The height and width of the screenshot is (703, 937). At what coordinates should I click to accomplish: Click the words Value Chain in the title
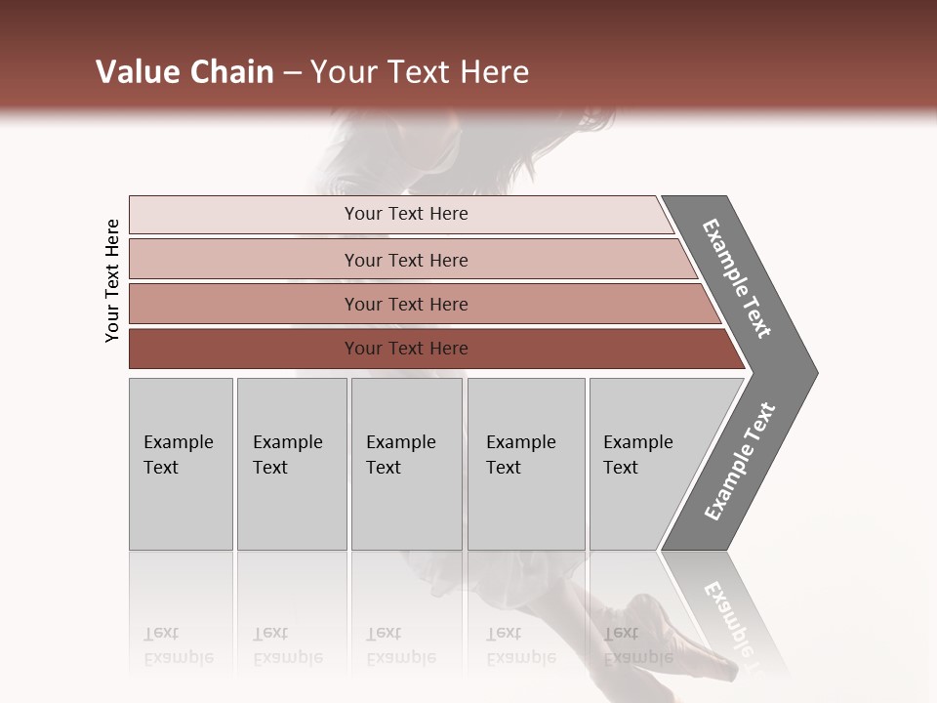click(184, 72)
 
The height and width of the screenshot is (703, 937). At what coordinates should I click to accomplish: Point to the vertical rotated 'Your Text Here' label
click(112, 280)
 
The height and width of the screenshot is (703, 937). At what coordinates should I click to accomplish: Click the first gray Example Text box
click(181, 464)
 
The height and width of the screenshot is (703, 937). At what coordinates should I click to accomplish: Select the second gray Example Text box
click(291, 464)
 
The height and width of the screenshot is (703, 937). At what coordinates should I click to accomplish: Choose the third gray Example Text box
click(406, 464)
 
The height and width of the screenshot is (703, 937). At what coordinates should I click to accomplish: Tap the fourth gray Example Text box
click(525, 464)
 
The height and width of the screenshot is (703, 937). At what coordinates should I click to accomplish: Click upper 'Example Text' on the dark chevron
click(738, 278)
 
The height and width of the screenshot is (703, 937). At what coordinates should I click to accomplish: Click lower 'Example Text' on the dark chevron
click(740, 461)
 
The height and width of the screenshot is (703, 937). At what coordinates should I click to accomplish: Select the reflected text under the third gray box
click(400, 646)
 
